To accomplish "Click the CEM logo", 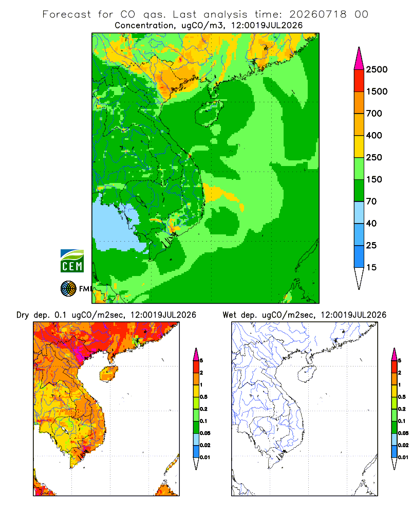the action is (72, 261).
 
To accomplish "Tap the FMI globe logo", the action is (68, 288).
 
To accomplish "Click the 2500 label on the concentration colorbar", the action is (377, 69).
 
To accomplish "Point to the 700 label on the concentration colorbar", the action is (374, 114).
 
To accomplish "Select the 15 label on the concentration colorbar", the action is (371, 267).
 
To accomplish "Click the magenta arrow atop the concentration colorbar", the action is (359, 59).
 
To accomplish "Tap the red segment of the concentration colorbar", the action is (359, 81).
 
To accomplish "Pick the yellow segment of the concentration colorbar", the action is (359, 146).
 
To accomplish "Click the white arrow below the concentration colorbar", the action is (359, 278).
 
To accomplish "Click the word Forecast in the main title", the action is (67, 14).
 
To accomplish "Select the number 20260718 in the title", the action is (318, 14).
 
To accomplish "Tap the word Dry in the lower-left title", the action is (23, 315).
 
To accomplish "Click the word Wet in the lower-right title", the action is (229, 315).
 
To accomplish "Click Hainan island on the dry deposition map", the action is (108, 374).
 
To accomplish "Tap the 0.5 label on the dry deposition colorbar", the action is (204, 397).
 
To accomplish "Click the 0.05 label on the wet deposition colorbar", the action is (403, 433).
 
